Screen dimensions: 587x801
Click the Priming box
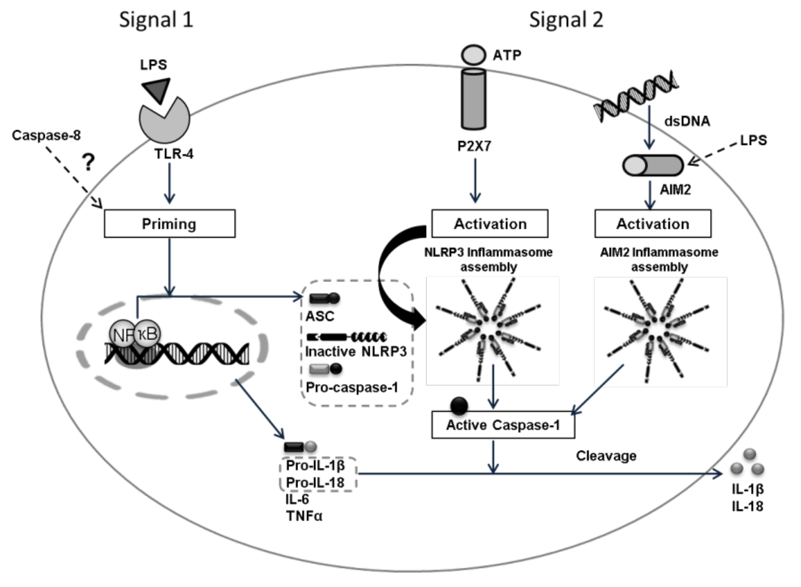(169, 224)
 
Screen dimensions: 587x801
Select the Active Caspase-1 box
(503, 425)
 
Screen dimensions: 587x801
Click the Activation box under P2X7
(490, 224)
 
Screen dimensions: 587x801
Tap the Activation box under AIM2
(653, 224)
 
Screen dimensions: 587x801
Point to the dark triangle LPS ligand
(157, 89)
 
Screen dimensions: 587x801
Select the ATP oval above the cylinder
(473, 55)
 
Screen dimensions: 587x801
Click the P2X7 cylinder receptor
(473, 99)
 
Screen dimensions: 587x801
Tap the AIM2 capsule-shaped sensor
(653, 165)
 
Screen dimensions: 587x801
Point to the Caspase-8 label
(46, 135)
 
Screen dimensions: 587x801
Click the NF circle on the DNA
(122, 334)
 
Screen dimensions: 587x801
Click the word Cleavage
(606, 456)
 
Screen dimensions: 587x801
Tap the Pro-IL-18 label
(315, 483)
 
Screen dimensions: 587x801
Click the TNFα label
(304, 515)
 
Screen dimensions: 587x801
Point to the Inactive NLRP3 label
(356, 351)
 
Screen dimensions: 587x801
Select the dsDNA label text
(687, 121)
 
